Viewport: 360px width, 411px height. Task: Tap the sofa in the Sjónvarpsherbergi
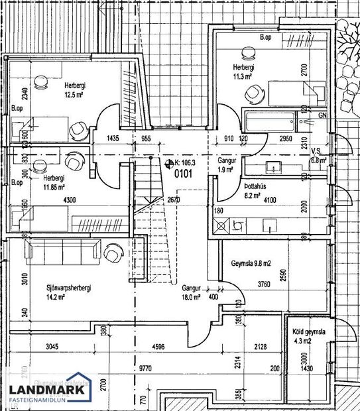tap(61, 251)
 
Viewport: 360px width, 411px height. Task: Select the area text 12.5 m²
tap(73, 95)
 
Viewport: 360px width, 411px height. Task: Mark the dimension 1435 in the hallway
tap(117, 139)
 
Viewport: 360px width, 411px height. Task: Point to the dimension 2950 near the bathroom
tap(286, 139)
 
